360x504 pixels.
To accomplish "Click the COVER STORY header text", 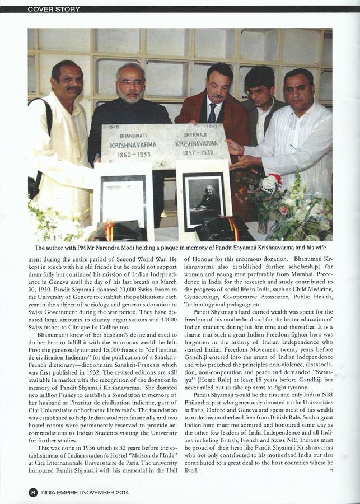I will coord(54,9).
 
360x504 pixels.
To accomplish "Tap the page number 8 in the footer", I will coord(33,492).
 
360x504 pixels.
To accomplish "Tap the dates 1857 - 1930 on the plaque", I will coord(194,152).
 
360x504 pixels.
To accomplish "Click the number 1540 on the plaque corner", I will coord(112,128).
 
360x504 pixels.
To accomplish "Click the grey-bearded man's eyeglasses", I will coord(131,82).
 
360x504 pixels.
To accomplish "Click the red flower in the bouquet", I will coord(275,179).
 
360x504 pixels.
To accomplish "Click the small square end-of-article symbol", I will coord(331,470).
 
